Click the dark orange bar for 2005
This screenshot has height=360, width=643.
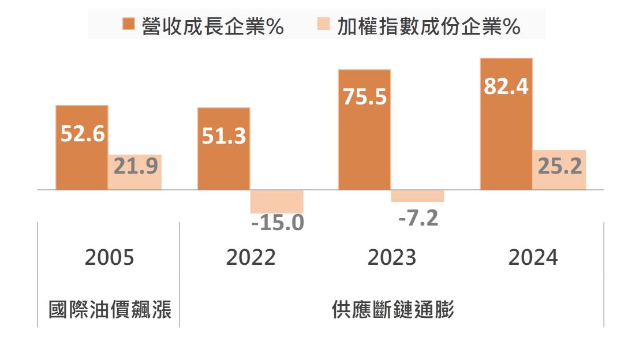[82, 162]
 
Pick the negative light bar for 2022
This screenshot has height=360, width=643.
[276, 201]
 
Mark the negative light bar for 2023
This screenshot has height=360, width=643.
[417, 196]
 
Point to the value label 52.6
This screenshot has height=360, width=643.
[83, 134]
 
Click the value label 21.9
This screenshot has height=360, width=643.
[136, 166]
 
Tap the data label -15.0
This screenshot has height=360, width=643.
[278, 223]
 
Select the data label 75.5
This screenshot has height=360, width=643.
[364, 96]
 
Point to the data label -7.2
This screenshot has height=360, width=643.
[418, 219]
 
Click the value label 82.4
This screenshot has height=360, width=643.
[506, 86]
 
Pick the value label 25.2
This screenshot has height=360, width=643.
[559, 166]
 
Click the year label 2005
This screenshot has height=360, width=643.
[109, 257]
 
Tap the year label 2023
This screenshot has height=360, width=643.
[391, 257]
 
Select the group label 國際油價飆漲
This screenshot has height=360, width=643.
[109, 310]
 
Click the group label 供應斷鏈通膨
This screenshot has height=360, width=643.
[392, 310]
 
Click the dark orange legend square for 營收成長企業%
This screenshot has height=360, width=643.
[129, 25]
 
